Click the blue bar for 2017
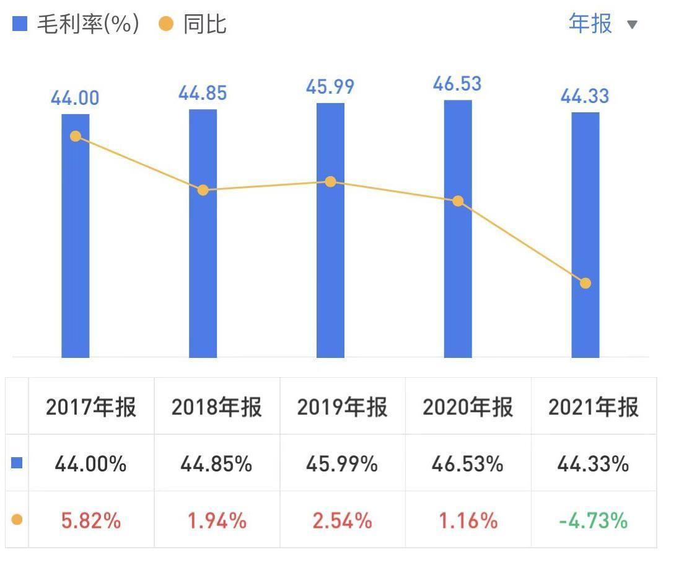tap(76, 248)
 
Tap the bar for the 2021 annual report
tap(585, 248)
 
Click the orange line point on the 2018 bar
tap(203, 190)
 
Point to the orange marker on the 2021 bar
tap(585, 283)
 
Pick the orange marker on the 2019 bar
tap(331, 182)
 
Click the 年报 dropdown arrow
tap(632, 25)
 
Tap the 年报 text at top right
tap(590, 24)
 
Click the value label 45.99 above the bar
tap(330, 86)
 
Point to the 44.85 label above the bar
tap(203, 93)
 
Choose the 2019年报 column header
tap(342, 408)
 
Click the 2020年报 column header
tap(468, 408)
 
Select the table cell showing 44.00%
tap(90, 463)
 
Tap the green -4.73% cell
tap(593, 520)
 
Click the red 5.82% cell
tap(90, 520)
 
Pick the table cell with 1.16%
tap(468, 520)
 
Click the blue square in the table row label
tap(17, 463)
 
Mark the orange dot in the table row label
tap(17, 520)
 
